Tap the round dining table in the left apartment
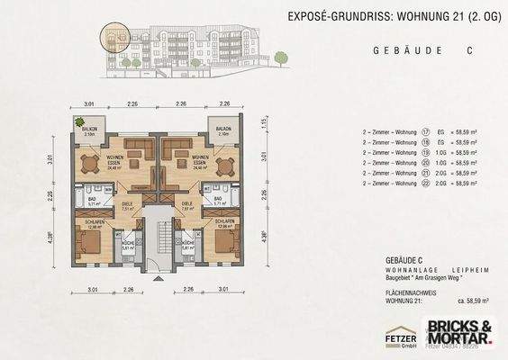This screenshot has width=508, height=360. tap(88, 165)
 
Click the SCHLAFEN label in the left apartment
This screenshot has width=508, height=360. tap(86, 221)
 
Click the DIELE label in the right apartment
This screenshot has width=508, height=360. tap(187, 204)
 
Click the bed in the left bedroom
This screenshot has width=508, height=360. tap(87, 241)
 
